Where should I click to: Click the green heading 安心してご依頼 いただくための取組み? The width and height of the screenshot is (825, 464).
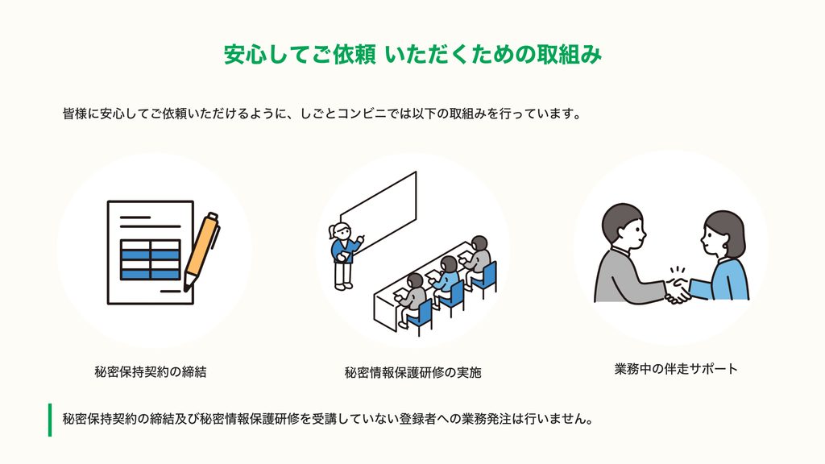tap(412, 54)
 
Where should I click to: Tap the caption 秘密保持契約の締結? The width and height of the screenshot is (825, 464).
tap(151, 372)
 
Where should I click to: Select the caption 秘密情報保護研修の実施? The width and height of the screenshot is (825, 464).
tap(412, 372)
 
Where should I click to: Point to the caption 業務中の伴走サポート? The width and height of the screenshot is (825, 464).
tap(676, 369)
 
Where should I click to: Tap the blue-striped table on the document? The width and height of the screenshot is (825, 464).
tap(151, 259)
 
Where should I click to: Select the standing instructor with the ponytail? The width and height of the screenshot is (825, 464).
tap(345, 255)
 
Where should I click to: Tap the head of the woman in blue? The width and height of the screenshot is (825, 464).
tap(723, 234)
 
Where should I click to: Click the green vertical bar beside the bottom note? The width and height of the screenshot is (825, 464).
tap(50, 420)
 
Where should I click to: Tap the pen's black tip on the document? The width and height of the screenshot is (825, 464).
tap(186, 288)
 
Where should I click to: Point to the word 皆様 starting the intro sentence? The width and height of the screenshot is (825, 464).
tap(75, 114)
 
